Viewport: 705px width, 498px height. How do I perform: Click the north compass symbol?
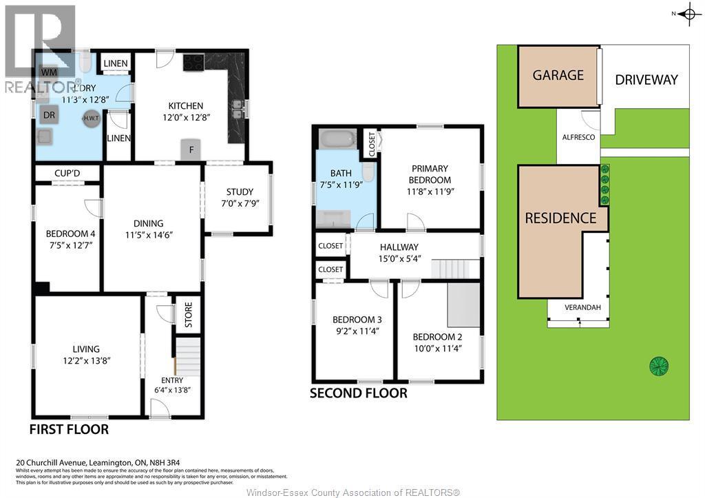(688, 14)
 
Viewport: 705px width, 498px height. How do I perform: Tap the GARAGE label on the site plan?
(558, 75)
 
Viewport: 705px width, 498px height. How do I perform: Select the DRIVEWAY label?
(646, 79)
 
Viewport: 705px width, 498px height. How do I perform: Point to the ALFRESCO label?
(578, 138)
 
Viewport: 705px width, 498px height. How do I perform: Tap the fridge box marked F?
(191, 149)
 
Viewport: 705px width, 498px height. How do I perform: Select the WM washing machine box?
(49, 72)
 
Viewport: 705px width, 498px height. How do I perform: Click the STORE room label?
(188, 315)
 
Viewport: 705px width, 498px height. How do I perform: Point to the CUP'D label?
(67, 172)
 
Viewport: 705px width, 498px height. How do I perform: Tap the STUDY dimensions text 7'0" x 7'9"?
(240, 204)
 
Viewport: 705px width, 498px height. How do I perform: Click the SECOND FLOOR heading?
(358, 393)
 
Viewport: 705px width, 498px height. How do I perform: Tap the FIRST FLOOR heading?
(69, 430)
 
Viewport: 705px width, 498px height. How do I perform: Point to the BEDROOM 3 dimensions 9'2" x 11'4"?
(357, 331)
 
